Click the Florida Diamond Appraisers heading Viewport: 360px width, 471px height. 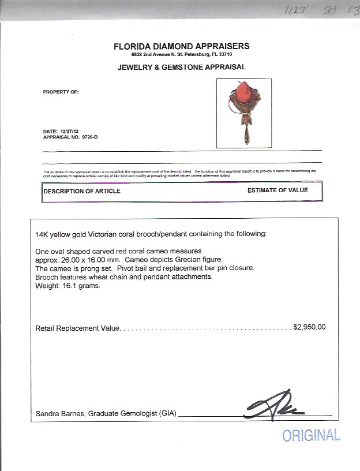[x=181, y=46]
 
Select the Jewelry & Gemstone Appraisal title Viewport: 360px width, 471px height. [x=181, y=67]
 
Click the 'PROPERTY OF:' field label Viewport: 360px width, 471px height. [x=61, y=92]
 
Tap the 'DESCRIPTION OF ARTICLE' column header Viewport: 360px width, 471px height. [x=82, y=191]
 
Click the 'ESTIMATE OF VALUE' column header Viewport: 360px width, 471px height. [x=277, y=190]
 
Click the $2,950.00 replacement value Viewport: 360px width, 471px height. [x=309, y=327]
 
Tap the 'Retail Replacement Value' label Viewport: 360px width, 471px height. [x=77, y=327]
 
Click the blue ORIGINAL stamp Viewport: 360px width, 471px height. [x=311, y=435]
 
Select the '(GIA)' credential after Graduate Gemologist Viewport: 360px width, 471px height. [x=167, y=414]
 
